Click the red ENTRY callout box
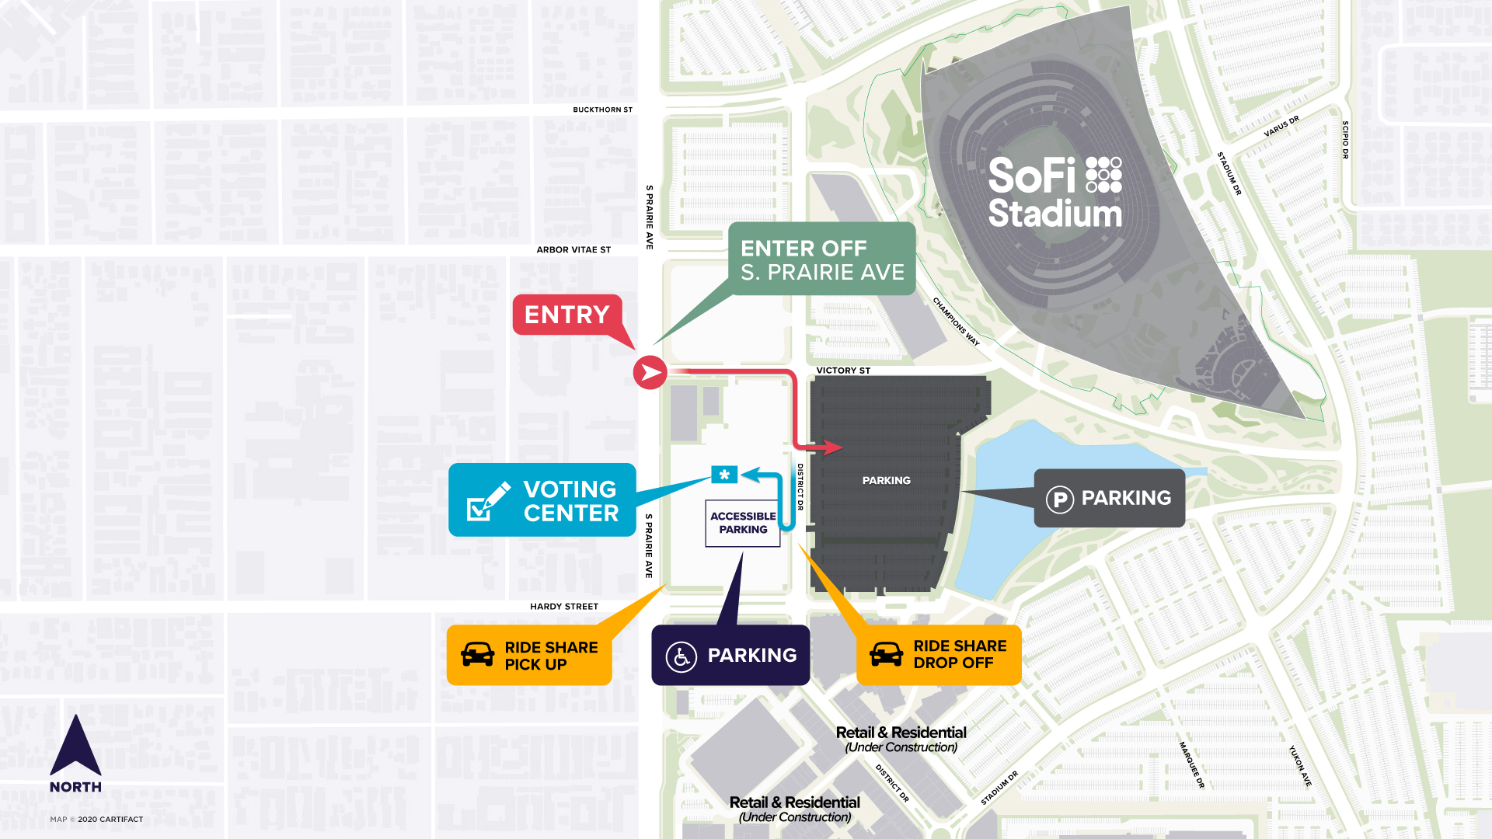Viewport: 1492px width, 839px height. pos(567,315)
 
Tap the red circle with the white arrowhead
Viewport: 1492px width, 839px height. pos(650,373)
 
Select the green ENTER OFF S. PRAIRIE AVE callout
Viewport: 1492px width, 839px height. pos(822,259)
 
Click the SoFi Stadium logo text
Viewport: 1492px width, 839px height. pos(1055,193)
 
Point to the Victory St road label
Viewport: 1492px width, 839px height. pos(843,371)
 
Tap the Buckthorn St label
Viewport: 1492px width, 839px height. pos(602,110)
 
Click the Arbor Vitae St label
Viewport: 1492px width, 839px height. pos(573,249)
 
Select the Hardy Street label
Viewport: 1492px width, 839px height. pos(564,607)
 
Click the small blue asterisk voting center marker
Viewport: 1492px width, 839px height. pos(724,475)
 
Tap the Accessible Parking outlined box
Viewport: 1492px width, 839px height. pos(743,523)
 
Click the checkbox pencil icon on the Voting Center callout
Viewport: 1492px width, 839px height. pos(488,501)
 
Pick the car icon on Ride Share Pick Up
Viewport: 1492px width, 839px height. pos(478,654)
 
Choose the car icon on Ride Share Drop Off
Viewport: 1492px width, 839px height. pos(887,654)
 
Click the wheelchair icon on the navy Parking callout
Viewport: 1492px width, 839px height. pos(682,656)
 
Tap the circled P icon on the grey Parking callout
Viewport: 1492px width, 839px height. pos(1059,499)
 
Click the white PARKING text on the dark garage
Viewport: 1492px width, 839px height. pos(886,481)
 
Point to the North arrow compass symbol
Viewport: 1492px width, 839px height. pos(75,747)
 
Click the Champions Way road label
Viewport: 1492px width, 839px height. pos(956,322)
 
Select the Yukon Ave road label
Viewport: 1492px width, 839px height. pos(1300,766)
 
